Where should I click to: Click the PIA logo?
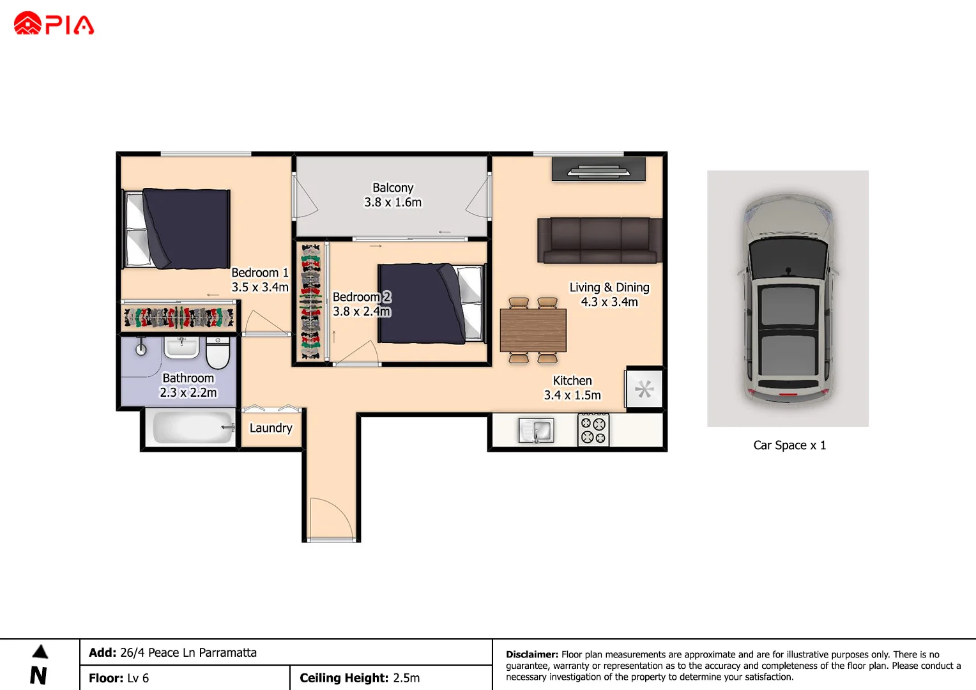point(54,24)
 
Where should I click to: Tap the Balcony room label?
point(393,188)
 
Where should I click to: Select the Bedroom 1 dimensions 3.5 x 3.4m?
point(260,287)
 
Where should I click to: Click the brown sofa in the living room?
point(599,240)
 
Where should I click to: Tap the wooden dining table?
point(533,330)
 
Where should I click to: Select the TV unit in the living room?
point(599,170)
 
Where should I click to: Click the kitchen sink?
point(536,431)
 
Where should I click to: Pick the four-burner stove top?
point(593,430)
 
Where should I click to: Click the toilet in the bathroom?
point(218,353)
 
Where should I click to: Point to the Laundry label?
point(271,428)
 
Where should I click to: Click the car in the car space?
point(788,298)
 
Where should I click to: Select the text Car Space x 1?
point(789,445)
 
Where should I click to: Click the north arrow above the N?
point(40,652)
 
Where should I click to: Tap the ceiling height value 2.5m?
point(406,678)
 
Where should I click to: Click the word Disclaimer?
point(531,654)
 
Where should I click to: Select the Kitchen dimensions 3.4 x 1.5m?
point(572,395)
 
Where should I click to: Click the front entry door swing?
point(331,517)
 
